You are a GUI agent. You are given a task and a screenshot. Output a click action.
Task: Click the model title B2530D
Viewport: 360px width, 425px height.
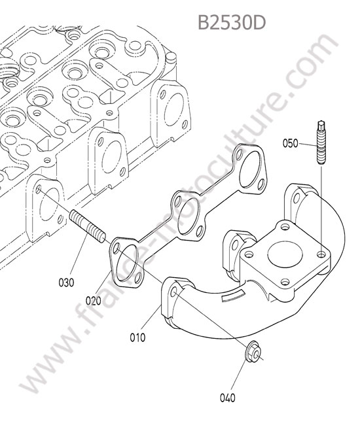click(x=232, y=22)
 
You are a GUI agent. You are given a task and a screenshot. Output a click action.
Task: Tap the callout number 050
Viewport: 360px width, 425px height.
click(x=290, y=143)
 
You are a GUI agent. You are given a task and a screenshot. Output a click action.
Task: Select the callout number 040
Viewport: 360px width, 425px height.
click(x=227, y=398)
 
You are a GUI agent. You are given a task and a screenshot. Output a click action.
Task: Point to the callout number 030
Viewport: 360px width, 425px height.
click(x=66, y=282)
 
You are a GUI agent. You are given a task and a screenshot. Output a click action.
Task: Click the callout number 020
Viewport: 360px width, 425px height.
click(x=94, y=301)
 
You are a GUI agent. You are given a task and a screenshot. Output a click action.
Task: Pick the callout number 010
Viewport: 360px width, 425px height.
click(x=137, y=338)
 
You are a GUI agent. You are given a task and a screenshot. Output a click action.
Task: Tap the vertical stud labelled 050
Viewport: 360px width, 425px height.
click(x=321, y=142)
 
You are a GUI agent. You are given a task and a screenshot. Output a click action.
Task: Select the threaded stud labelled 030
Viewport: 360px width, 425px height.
click(x=88, y=227)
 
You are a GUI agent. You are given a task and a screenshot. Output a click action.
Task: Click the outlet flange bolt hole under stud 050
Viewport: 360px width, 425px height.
click(x=322, y=254)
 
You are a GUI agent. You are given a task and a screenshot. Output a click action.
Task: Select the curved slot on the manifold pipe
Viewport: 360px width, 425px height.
click(x=233, y=295)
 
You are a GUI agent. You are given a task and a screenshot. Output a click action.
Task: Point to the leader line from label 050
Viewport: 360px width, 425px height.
click(x=308, y=144)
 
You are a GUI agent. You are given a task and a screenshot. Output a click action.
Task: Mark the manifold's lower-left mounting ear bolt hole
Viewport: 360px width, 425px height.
click(x=174, y=292)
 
